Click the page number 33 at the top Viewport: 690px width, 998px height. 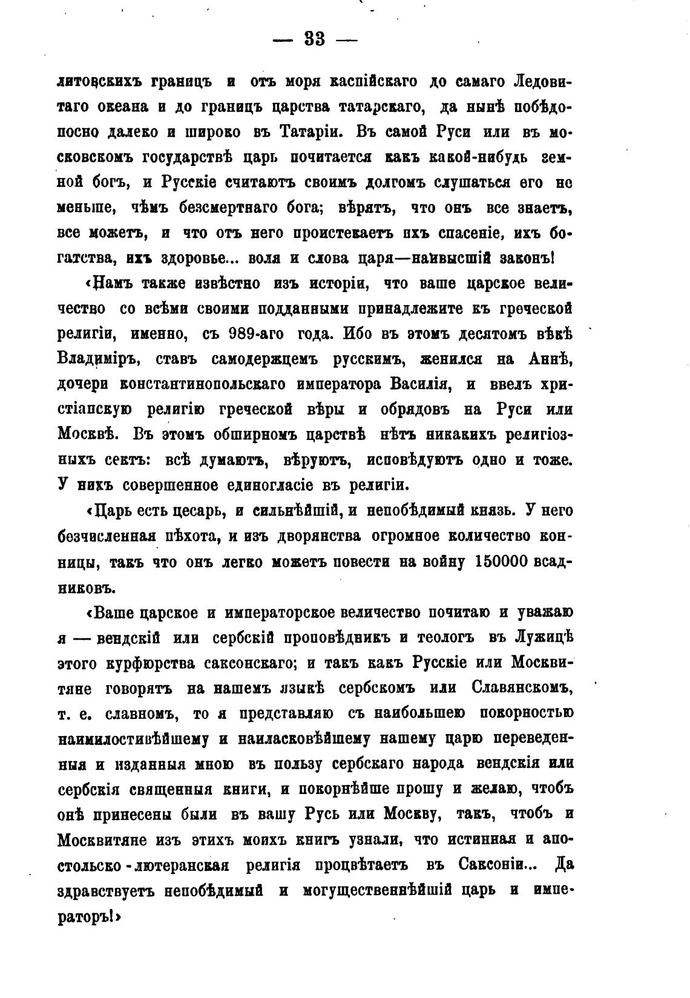coord(315,40)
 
